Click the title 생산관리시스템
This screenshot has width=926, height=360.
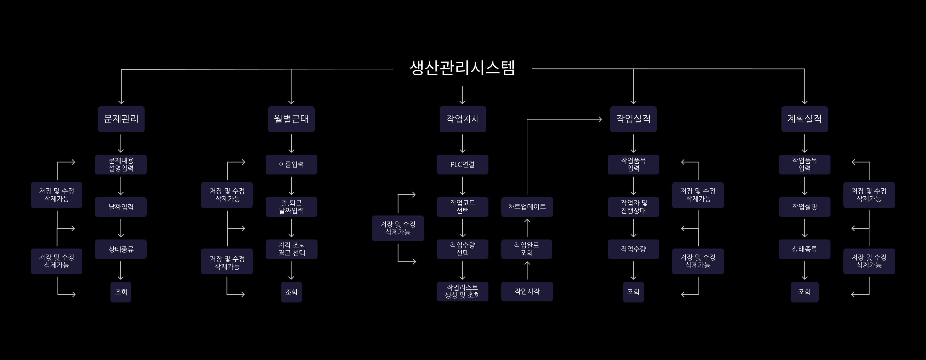pyautogui.click(x=462, y=68)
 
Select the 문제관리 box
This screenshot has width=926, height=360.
pyautogui.click(x=121, y=119)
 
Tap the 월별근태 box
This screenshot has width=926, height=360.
pyautogui.click(x=291, y=119)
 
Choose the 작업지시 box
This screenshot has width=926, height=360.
pyautogui.click(x=463, y=119)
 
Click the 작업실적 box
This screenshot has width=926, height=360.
pyautogui.click(x=634, y=119)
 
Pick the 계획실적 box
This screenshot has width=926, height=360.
pyautogui.click(x=804, y=119)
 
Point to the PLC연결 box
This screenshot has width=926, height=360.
pyautogui.click(x=463, y=165)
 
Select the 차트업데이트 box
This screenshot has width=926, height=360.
pyautogui.click(x=527, y=207)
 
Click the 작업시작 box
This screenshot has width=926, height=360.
pyautogui.click(x=527, y=291)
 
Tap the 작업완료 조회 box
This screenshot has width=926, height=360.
pyautogui.click(x=527, y=249)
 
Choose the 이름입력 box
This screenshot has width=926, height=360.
pyautogui.click(x=291, y=165)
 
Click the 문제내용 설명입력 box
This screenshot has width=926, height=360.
pyautogui.click(x=121, y=165)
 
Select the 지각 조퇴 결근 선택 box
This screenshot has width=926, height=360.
pyautogui.click(x=291, y=249)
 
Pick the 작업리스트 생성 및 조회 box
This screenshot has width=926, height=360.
pyautogui.click(x=463, y=291)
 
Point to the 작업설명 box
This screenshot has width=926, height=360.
pyautogui.click(x=804, y=207)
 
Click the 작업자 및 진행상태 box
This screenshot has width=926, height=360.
pyautogui.click(x=634, y=207)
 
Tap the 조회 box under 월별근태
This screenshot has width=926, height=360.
pyautogui.click(x=291, y=292)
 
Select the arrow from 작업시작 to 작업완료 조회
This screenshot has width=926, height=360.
pyautogui.click(x=527, y=270)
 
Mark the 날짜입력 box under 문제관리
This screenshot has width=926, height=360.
pyautogui.click(x=121, y=207)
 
